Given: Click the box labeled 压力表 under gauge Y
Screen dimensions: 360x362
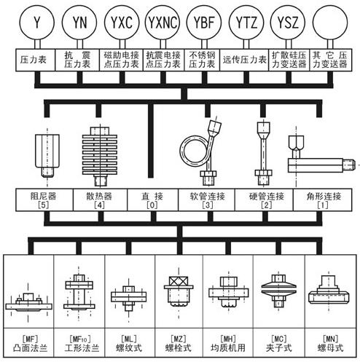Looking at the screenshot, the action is (36, 60).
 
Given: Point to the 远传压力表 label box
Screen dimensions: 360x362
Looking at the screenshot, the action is (244, 60).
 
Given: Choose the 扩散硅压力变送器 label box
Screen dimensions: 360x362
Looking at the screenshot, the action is (289, 60).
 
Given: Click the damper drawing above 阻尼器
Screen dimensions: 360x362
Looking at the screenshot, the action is (47, 155).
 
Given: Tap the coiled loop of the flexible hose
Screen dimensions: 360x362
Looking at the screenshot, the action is (181, 151).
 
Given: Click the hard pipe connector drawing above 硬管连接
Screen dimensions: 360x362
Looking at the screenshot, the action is (263, 153).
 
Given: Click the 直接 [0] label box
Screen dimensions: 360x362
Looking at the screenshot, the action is (152, 200).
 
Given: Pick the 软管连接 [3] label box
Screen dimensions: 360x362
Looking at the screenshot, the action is (207, 200).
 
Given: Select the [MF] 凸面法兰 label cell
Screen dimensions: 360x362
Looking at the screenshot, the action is (28, 342).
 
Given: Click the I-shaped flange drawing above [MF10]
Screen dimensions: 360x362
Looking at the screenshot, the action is (79, 292).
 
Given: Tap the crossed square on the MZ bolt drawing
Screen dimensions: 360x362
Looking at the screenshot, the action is (179, 281).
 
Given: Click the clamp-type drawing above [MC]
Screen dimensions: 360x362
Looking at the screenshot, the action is (279, 291).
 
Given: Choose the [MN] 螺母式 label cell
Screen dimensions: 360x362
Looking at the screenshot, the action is (331, 342).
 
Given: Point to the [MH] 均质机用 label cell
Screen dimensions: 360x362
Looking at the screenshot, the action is (228, 342).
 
